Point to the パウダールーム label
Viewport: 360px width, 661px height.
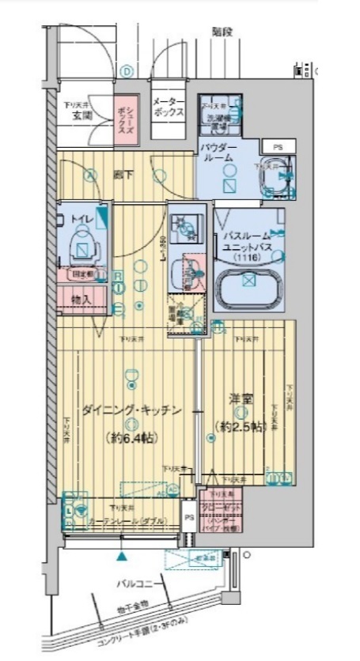[218, 153]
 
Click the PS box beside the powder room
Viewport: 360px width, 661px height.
[277, 147]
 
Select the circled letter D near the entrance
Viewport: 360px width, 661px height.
[125, 70]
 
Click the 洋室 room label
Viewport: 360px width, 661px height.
[241, 401]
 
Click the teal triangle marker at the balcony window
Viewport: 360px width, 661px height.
[122, 556]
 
